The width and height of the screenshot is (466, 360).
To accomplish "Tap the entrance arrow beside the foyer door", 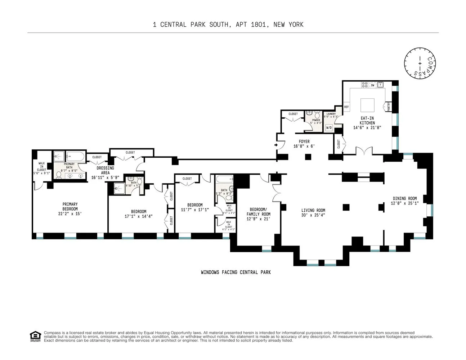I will (x=276, y=145).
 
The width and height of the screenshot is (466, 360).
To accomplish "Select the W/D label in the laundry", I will (x=329, y=128).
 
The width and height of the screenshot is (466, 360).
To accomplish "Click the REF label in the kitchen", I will (x=347, y=107).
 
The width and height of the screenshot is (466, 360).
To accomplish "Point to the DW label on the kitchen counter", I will (x=373, y=85).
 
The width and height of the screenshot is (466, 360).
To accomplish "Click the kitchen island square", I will (x=367, y=105).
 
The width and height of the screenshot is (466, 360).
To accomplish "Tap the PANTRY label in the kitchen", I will (x=389, y=107).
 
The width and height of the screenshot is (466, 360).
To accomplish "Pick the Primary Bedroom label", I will (x=70, y=207).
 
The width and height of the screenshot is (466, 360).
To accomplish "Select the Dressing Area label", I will (x=105, y=170).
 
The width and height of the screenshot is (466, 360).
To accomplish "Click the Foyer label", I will (x=304, y=141).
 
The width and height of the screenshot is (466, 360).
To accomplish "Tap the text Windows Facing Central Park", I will (x=236, y=273).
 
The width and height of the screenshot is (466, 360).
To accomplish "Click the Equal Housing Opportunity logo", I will (x=35, y=336).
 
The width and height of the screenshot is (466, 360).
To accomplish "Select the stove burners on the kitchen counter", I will (x=365, y=85).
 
